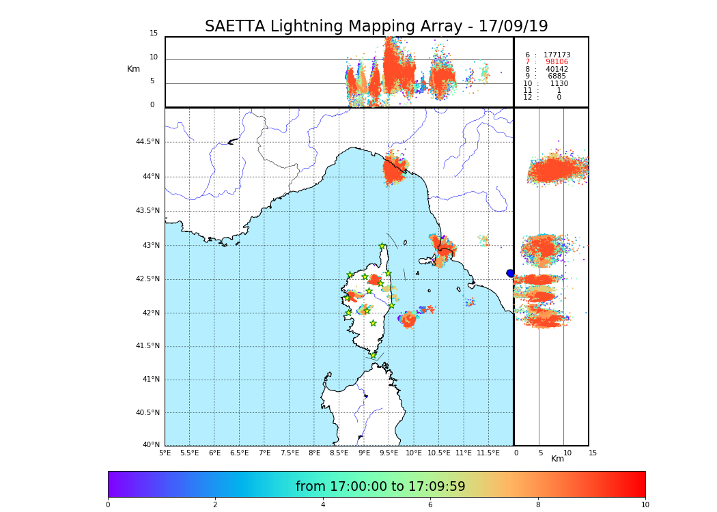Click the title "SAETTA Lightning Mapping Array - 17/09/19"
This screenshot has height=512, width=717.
coord(376,27)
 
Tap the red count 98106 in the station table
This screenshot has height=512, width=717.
coord(556,62)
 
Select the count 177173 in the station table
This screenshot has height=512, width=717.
coord(557,55)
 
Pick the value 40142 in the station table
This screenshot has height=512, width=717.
coord(557,70)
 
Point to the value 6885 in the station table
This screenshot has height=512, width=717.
coord(557,76)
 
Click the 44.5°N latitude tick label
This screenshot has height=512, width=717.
coord(147,142)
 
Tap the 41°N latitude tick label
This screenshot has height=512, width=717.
coord(150,380)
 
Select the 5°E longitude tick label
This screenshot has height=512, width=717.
coord(165,453)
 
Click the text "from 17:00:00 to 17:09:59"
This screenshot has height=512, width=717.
coord(380,487)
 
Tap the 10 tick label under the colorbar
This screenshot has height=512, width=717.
coord(645,505)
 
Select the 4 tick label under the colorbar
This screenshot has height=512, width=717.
coord(323,505)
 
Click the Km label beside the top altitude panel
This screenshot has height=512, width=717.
coord(133,69)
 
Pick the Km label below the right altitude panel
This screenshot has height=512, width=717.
coord(558,459)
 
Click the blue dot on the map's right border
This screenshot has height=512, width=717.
coord(510,273)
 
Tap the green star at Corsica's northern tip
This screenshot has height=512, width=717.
coord(382,246)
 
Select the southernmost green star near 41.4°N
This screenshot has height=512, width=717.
coord(373,355)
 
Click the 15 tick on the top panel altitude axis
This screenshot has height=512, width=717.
coord(154,33)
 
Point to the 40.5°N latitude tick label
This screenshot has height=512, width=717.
coord(147,413)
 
